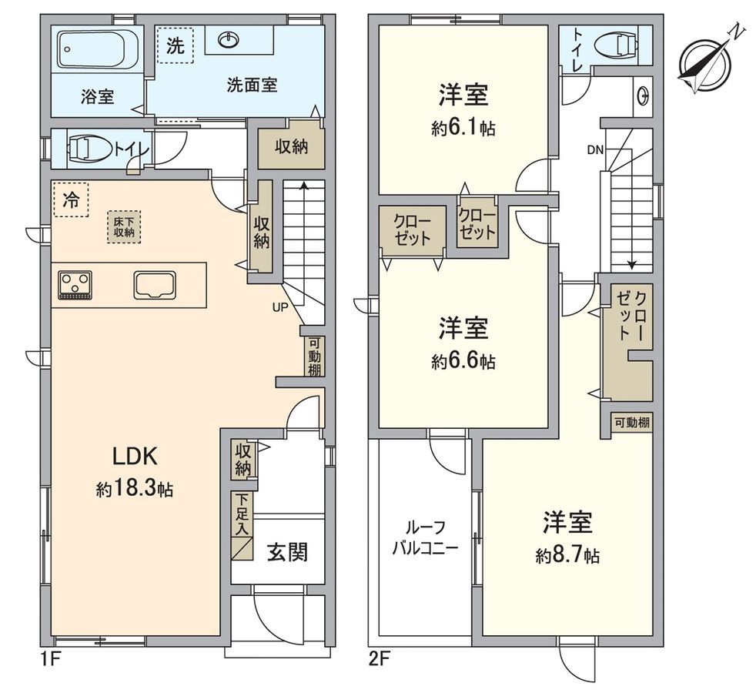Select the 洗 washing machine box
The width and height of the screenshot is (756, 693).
click(x=176, y=45)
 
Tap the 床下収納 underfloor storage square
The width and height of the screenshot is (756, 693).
click(x=124, y=226)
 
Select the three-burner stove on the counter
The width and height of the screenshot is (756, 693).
click(x=75, y=284)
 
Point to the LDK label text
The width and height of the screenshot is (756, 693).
click(x=135, y=457)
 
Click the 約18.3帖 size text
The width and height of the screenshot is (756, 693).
click(x=135, y=488)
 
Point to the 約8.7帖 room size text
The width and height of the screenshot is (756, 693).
click(x=568, y=555)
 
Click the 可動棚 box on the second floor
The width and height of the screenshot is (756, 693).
click(x=631, y=423)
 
